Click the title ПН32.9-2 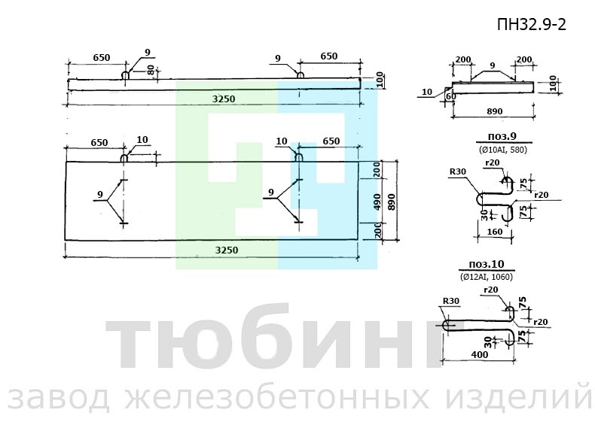tap(532, 25)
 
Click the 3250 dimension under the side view tap(224, 99)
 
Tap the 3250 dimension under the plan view tap(227, 250)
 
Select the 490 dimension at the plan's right tap(377, 202)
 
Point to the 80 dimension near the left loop tap(151, 71)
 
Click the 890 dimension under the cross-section tap(494, 111)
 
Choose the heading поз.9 tap(502, 137)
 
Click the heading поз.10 tap(487, 264)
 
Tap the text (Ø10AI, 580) tap(503, 150)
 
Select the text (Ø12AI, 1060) tap(487, 277)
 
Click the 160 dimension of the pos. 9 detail tap(494, 232)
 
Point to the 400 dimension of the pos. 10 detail tap(480, 355)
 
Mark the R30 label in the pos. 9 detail tap(458, 171)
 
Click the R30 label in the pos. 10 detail tap(451, 301)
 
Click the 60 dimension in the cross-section tap(451, 96)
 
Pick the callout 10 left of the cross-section tap(427, 92)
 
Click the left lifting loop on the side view tap(125, 74)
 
